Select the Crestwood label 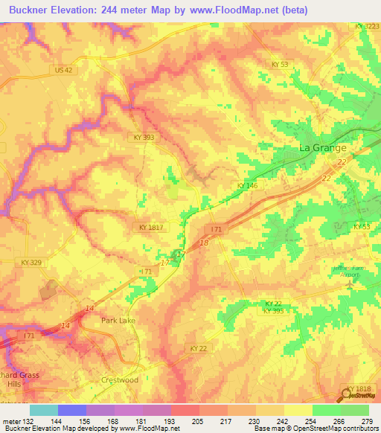point(119,380)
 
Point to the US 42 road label point(64,70)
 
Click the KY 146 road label point(246,185)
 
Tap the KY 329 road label point(31,263)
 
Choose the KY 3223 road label point(367,26)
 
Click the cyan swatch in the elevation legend point(44,410)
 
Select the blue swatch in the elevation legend point(72,410)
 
